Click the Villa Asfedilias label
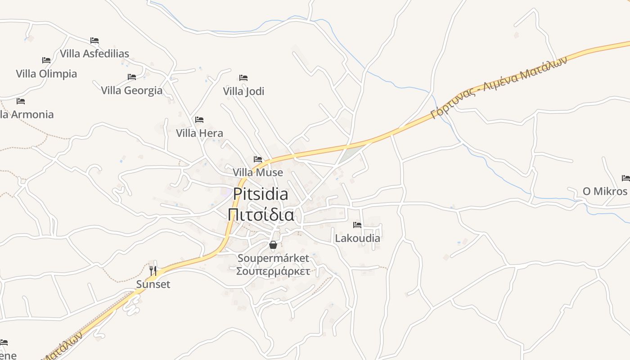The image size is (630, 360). (94, 54)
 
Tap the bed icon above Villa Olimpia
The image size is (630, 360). (46, 60)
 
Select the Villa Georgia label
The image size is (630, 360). (131, 90)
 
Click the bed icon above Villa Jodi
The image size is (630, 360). (243, 78)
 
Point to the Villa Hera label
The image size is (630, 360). (199, 133)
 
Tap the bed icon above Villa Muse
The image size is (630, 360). (258, 159)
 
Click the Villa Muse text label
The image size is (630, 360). (258, 172)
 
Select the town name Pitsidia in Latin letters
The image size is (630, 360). (261, 194)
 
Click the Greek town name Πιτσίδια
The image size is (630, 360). (261, 214)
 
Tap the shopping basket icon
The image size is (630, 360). (273, 245)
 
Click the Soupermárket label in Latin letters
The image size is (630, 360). (273, 258)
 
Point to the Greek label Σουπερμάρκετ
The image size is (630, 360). (273, 271)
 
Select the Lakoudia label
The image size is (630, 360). (357, 238)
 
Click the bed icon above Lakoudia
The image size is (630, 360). (357, 225)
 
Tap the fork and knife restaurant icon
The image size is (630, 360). (153, 270)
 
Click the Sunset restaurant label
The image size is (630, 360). (153, 284)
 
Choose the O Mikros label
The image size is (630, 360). (605, 191)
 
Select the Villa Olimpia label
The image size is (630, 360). (46, 74)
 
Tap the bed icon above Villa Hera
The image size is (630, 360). (199, 120)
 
